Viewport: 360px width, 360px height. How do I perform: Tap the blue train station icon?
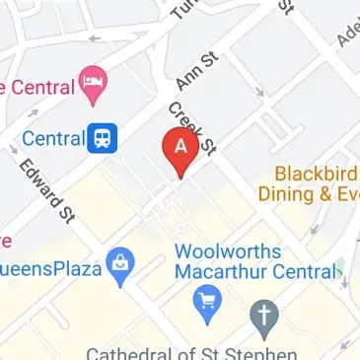(101, 139)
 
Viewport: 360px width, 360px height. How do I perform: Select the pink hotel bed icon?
(94, 87)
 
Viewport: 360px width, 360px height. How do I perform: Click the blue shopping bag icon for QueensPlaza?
(120, 266)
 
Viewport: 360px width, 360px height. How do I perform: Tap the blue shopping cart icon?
(207, 302)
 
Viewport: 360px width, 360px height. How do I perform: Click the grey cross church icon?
(263, 317)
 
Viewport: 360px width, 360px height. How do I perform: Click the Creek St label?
(192, 129)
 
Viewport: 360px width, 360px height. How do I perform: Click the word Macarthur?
(216, 272)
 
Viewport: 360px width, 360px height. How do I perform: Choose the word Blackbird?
(317, 173)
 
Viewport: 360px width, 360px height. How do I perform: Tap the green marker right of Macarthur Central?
(340, 268)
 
